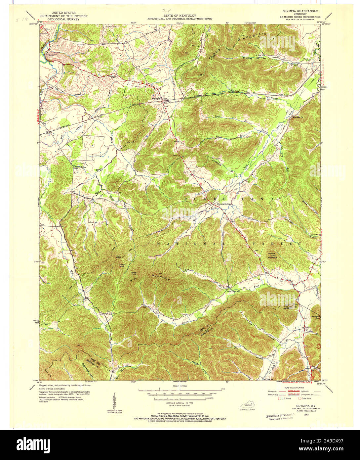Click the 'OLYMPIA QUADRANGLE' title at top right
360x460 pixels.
coord(300,11)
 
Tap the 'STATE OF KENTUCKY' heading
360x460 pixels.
coord(180,16)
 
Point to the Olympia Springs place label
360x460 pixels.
coord(224,204)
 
